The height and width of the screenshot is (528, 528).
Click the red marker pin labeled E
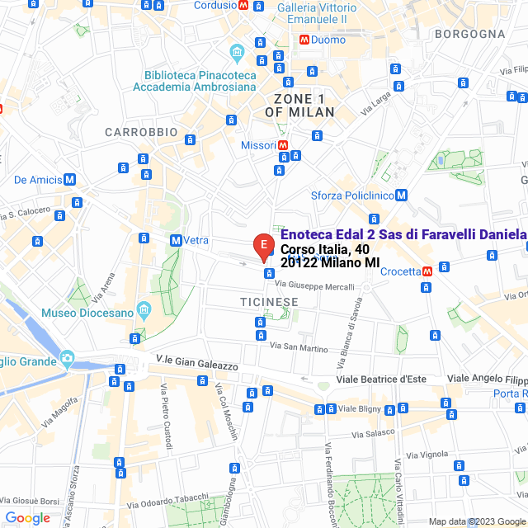263,245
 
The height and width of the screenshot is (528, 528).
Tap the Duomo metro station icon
304,39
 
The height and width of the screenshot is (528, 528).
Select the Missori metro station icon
284,145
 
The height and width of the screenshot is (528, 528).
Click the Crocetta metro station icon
427,271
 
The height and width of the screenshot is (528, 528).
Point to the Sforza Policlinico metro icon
401,196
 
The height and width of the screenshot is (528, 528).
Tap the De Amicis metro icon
69,180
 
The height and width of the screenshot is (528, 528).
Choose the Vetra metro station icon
176,240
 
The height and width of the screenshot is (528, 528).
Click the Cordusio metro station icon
243,5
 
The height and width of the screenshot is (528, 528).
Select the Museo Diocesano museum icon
144,313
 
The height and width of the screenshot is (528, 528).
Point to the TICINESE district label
270,302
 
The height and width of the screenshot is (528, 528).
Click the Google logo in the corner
26,518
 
